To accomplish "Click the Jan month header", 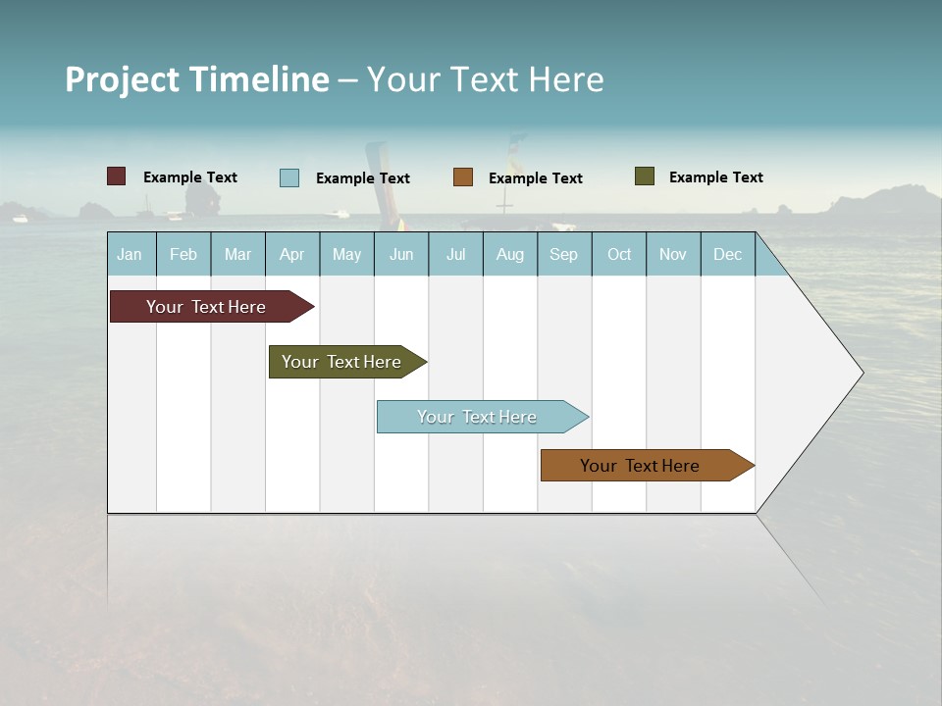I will tap(131, 255).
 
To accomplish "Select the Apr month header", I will tap(292, 255).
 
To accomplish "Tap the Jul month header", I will tap(455, 255).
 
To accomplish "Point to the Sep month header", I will tap(564, 255).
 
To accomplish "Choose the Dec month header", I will tap(727, 255).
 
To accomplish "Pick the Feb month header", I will tap(183, 255).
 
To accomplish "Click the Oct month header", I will tap(619, 255).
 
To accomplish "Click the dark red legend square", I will tap(116, 176).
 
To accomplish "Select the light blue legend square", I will tap(289, 177).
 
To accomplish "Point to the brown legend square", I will tap(463, 177).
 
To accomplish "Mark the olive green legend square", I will tap(645, 176).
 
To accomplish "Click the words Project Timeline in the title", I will tap(196, 79).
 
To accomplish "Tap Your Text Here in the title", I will tap(485, 79).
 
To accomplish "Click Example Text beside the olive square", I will tap(715, 177).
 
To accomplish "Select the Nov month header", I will tap(673, 255).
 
